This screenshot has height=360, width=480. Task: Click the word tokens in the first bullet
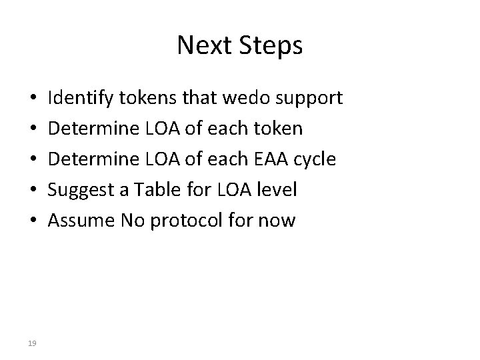pos(142,99)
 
